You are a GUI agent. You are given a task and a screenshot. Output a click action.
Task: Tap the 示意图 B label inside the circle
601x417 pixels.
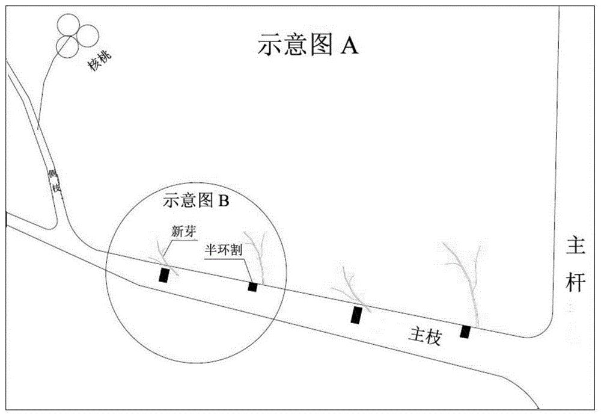click(197, 201)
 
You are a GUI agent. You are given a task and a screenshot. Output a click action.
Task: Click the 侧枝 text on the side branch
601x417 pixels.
click(56, 181)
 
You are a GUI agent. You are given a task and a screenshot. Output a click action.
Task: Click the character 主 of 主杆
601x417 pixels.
click(575, 247)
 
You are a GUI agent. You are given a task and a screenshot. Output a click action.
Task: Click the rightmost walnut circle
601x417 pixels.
click(88, 36)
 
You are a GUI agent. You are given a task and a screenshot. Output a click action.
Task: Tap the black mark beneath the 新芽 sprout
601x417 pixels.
click(163, 275)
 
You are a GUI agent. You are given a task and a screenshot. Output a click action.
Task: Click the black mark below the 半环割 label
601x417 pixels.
click(252, 286)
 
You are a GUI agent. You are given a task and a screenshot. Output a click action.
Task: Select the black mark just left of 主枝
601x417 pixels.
click(357, 316)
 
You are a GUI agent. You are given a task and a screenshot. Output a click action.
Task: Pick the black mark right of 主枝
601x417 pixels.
click(465, 332)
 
